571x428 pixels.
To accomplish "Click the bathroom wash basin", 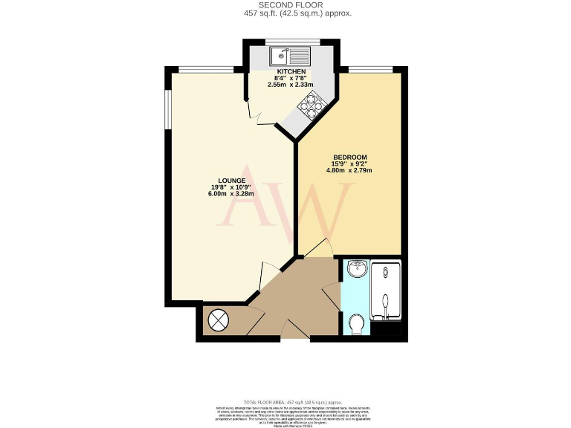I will (x=356, y=269).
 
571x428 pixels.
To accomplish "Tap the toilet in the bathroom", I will (x=356, y=324).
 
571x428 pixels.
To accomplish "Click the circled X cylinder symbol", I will (x=219, y=320).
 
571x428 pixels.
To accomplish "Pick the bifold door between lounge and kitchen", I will (x=255, y=112).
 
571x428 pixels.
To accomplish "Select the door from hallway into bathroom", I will (x=331, y=297).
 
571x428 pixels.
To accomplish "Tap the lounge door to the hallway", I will (x=259, y=282).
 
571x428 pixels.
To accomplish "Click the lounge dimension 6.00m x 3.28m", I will (x=230, y=195).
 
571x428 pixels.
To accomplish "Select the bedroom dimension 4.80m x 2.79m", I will (x=349, y=171).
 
